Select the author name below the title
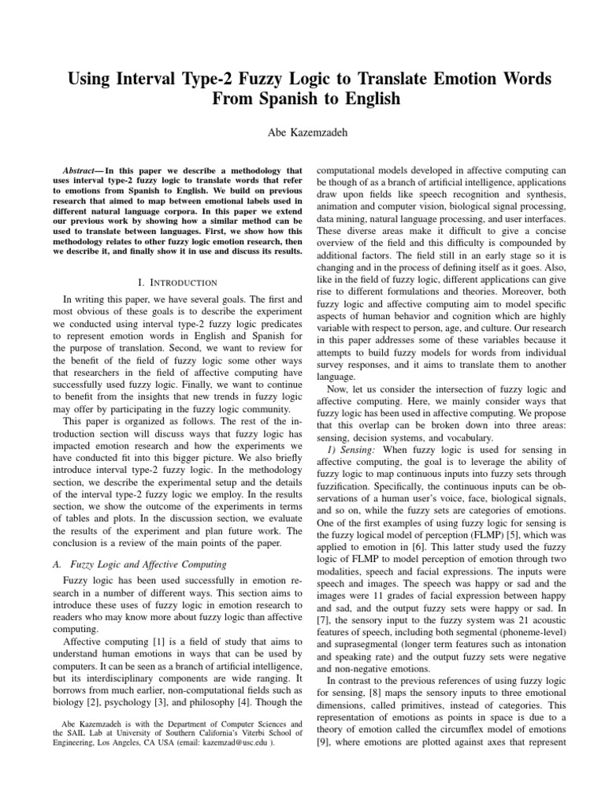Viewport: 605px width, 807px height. [302, 133]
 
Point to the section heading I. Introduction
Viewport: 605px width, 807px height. [170, 281]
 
